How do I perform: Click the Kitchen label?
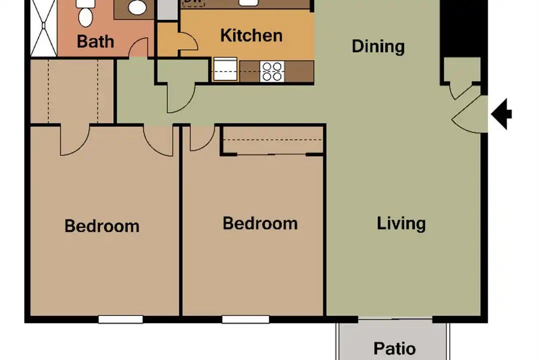(251, 35)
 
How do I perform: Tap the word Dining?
(378, 46)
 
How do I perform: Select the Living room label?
(401, 223)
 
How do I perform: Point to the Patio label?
(394, 348)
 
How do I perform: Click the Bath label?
(95, 41)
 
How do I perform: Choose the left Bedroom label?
(102, 226)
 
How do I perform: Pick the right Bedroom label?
(260, 223)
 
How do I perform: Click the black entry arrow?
(501, 114)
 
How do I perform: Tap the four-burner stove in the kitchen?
(272, 71)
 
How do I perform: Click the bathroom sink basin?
(136, 7)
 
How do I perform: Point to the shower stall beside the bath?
(43, 27)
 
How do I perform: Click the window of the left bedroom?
(120, 319)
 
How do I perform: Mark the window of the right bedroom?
(245, 319)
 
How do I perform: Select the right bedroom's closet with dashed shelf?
(272, 140)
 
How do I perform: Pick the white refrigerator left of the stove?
(225, 69)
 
